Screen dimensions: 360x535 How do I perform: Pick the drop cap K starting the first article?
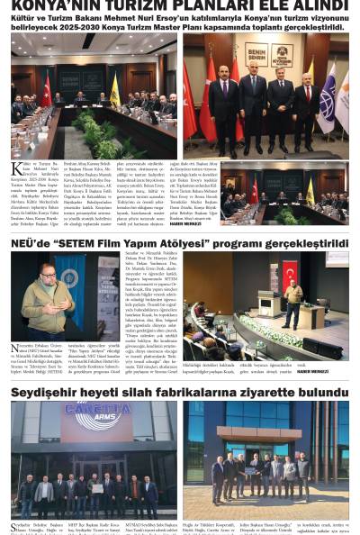[16, 168]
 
